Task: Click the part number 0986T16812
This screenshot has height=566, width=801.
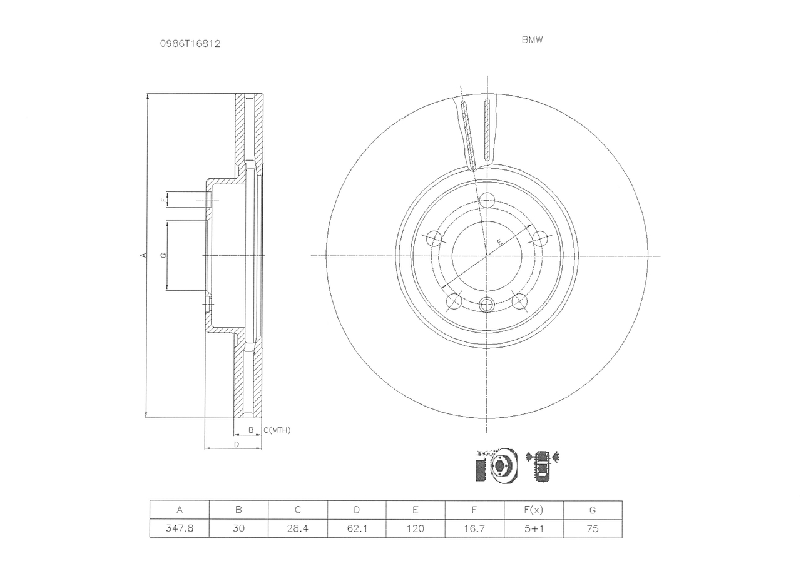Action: point(190,44)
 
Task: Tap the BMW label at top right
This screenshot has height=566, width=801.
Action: point(532,39)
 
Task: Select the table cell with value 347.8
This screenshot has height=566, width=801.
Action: point(180,528)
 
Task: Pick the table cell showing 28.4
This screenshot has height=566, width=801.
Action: point(297,528)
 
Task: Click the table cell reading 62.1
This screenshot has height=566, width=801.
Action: point(357,528)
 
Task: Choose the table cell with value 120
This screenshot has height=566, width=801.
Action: point(416,528)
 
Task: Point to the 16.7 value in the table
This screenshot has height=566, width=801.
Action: point(474,528)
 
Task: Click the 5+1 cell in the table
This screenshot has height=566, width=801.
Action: point(534,528)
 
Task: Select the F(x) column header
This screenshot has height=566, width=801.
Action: point(534,510)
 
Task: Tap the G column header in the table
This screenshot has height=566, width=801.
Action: point(593,510)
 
